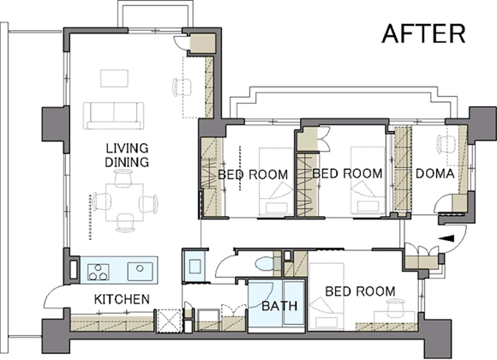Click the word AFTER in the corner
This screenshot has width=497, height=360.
424,33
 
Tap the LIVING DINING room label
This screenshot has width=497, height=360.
127,155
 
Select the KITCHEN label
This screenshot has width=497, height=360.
122,299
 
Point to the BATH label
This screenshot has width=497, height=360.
279,306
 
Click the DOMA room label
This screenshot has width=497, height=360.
435,174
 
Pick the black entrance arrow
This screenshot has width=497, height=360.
446,238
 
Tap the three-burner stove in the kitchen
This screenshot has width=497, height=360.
99,272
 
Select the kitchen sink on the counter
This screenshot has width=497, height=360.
141,271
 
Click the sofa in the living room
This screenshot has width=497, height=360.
114,116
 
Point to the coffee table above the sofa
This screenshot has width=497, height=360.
115,78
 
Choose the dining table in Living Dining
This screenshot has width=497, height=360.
124,202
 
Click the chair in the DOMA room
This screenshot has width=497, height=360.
446,143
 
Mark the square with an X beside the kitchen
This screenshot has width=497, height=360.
169,321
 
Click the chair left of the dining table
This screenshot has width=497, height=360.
101,201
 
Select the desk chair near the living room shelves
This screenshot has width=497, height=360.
182,87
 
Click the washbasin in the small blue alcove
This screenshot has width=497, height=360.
195,266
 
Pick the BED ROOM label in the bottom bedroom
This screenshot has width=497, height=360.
360,291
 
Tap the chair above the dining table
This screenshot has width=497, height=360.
123,177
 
